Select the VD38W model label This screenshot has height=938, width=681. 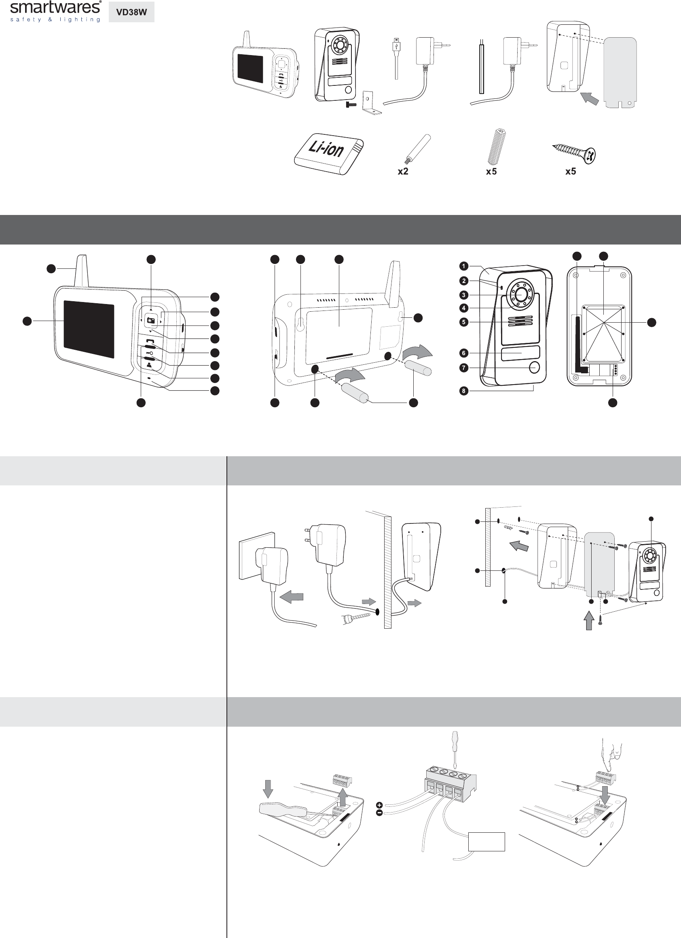131,13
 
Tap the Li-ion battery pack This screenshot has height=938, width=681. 330,153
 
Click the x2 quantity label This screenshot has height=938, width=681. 402,172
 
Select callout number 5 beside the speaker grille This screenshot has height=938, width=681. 464,322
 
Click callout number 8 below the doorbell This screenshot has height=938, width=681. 464,391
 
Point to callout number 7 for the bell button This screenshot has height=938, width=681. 464,368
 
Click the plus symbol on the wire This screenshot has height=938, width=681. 379,804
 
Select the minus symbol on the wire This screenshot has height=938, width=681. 379,813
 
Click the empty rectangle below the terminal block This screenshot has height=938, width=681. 486,842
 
